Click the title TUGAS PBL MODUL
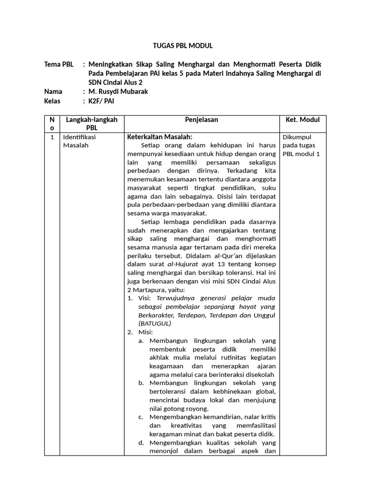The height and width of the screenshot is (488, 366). point(183,46)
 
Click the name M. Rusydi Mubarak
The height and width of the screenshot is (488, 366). point(118,91)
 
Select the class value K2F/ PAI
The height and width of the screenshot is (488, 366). point(101,101)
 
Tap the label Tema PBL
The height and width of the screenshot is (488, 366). point(59,64)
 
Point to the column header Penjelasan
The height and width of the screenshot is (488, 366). point(202,120)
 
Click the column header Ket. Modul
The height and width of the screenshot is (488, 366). point(302,120)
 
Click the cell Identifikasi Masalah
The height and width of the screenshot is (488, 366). point(79,141)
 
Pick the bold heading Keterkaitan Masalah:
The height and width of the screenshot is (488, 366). point(159,137)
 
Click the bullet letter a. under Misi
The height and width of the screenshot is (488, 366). point(141,341)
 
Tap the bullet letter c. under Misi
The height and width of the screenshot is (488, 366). point(141,417)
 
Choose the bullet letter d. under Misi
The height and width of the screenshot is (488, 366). point(141,443)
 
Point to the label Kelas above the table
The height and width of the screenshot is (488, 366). point(53,101)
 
